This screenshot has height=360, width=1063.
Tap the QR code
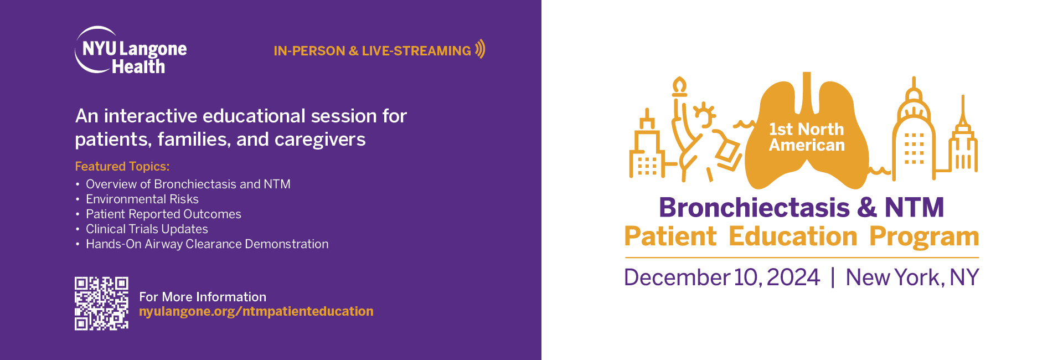click(101, 304)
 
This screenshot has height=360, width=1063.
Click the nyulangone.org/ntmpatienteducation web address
click(256, 311)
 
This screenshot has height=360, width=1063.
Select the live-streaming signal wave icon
click(480, 49)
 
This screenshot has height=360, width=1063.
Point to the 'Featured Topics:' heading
click(122, 166)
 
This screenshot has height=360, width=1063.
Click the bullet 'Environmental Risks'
click(142, 199)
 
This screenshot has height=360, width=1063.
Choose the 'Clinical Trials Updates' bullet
click(147, 229)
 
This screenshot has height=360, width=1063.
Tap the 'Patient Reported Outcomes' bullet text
click(163, 214)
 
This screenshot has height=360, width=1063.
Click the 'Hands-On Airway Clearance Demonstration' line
click(207, 244)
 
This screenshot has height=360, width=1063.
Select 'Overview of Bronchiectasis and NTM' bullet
click(188, 184)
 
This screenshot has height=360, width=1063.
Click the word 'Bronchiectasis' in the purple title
click(754, 208)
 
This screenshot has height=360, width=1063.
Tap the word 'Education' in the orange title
click(793, 236)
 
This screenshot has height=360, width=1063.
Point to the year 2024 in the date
click(793, 277)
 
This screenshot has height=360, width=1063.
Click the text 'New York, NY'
click(912, 277)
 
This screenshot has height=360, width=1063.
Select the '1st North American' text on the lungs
click(807, 137)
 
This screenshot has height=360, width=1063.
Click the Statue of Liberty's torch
click(679, 86)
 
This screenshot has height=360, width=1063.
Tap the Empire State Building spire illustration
click(963, 111)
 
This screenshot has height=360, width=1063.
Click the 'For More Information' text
click(203, 297)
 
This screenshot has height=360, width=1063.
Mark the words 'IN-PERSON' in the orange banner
click(309, 51)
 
